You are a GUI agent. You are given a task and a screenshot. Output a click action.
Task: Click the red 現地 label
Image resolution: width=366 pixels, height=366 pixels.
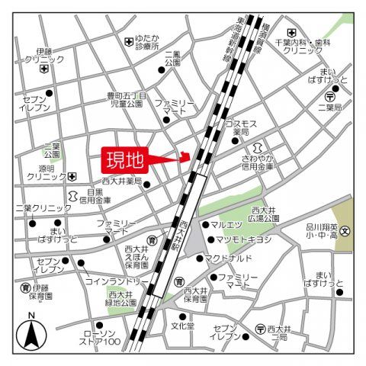tap(123, 160)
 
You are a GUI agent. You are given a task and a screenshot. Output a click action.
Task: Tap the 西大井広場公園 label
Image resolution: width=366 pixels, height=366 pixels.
tap(265, 213)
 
